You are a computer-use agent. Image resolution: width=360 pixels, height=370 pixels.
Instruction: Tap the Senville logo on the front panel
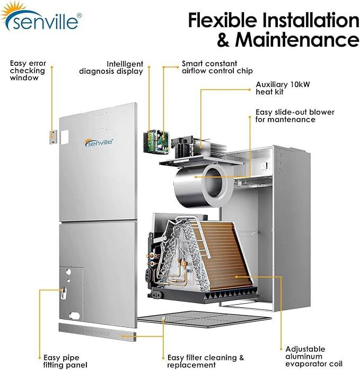click(99, 142)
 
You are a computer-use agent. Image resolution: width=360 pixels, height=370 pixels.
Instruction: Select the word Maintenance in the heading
click(296, 40)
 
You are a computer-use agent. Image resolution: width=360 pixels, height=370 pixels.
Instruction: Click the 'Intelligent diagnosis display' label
click(111, 67)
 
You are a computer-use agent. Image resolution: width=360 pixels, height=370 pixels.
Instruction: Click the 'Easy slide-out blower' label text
click(292, 116)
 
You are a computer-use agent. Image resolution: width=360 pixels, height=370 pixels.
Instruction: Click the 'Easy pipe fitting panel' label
click(61, 361)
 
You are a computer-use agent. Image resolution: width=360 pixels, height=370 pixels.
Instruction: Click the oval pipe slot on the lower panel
click(63, 292)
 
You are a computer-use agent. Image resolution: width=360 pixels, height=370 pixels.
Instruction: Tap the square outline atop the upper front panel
click(100, 120)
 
